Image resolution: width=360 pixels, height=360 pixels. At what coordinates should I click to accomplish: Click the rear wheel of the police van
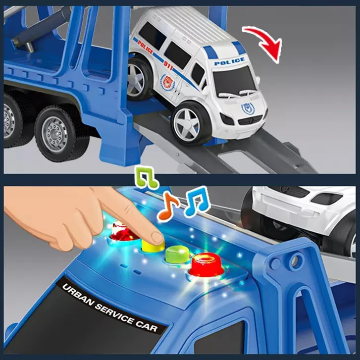(x=138, y=76)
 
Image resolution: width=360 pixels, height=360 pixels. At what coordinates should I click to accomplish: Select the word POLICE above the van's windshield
(x=229, y=61)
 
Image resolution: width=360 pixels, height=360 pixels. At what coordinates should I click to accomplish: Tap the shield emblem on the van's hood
(x=247, y=108)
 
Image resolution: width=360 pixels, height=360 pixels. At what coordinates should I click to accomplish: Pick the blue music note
(x=197, y=202)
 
